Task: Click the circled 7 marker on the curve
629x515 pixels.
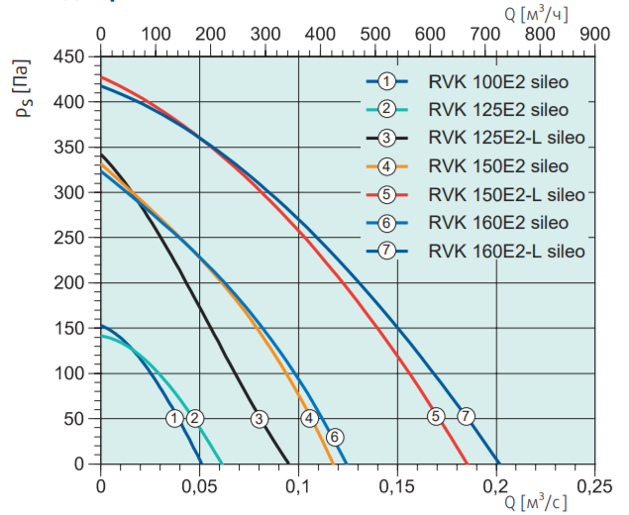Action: [466, 417]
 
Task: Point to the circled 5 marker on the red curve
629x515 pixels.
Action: [435, 417]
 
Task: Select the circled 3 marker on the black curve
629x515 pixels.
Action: [260, 418]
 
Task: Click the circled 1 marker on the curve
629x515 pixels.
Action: [175, 418]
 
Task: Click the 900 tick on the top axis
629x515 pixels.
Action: [594, 34]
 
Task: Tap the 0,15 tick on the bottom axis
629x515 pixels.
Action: [397, 486]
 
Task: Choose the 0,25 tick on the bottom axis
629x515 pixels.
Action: [593, 486]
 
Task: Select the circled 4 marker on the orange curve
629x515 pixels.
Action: [310, 418]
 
